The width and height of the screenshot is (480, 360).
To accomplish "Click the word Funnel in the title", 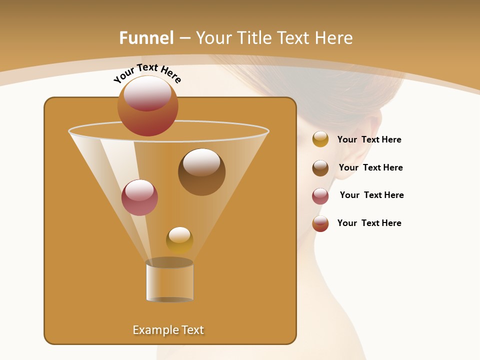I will click(x=146, y=38).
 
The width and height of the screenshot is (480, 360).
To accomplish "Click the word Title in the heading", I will click(x=254, y=38).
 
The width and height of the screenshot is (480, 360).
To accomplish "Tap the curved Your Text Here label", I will click(x=147, y=73).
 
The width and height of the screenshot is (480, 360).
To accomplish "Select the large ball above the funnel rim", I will click(x=148, y=105).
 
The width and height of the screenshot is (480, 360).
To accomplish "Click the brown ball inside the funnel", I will click(x=201, y=171).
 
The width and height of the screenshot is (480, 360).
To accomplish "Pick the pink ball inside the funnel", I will click(x=139, y=197).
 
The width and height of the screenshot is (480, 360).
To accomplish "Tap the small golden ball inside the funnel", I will click(x=179, y=240).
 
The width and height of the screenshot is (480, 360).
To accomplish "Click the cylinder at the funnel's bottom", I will click(x=169, y=280).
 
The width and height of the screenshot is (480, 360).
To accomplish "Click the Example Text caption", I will click(x=168, y=330).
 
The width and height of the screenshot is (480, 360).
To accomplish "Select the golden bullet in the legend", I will click(x=320, y=139).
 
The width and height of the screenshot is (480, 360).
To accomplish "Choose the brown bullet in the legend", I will click(x=320, y=168).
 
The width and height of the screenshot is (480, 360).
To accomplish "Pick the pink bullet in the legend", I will click(x=320, y=196).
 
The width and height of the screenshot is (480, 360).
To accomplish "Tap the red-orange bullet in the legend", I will click(x=320, y=223).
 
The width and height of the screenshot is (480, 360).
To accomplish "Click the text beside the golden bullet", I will click(x=369, y=140).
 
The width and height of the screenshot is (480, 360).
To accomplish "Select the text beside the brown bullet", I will click(x=370, y=168).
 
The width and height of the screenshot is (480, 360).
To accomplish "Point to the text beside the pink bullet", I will click(x=371, y=195).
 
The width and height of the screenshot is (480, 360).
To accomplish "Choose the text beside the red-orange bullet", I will click(x=369, y=223).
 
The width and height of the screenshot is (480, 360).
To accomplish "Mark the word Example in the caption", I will click(x=151, y=330).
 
